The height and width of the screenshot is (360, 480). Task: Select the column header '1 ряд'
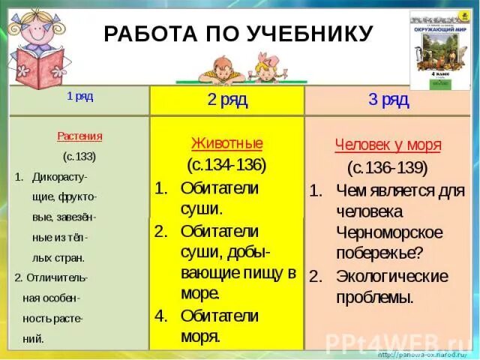(x=80, y=97)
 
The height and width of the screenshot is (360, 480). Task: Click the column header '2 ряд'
(x=227, y=100)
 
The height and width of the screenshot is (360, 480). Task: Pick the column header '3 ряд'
(x=388, y=100)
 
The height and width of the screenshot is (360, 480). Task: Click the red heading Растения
(x=79, y=136)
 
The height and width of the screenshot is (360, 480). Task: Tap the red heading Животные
(x=227, y=143)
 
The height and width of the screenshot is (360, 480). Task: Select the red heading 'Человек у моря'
(x=388, y=145)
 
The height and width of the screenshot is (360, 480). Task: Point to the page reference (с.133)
(x=79, y=157)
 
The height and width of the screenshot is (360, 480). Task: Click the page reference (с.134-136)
(x=227, y=164)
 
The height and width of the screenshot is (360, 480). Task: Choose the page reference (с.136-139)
(x=388, y=167)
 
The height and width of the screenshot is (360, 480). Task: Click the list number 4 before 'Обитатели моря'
(x=160, y=316)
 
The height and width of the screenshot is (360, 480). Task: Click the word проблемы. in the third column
(x=376, y=298)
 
